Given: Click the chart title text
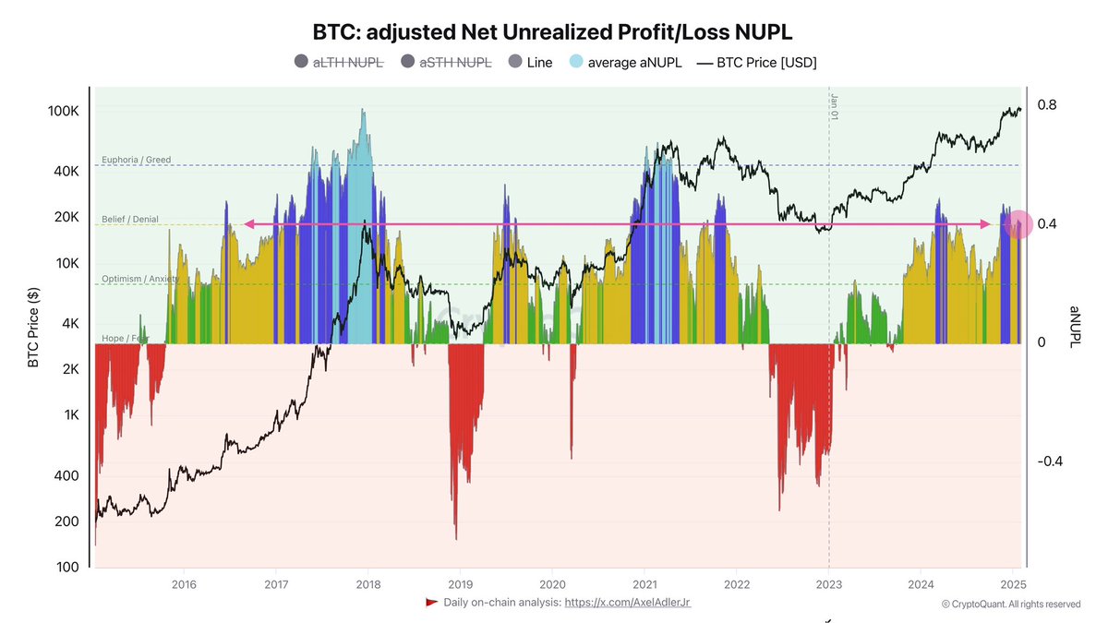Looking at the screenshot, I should pos(554,32).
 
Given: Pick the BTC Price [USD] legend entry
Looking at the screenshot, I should pos(756,62).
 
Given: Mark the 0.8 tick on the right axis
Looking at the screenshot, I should pos(1046,105).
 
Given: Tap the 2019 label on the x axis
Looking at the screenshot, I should pos(460,583).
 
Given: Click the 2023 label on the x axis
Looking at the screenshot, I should pos(829,583).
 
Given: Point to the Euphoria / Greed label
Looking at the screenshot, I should pos(136,160).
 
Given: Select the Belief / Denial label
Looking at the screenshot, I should pos(130,220).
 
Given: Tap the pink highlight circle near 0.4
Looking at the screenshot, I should pos(1018,224).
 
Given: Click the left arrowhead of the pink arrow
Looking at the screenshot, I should pos(248,224).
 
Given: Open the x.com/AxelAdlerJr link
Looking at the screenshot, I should pos(627,602).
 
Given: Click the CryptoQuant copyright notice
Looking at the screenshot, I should pos(1010,604).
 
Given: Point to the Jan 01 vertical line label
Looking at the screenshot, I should pos(834,107).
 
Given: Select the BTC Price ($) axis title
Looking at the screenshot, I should pos(33,326).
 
